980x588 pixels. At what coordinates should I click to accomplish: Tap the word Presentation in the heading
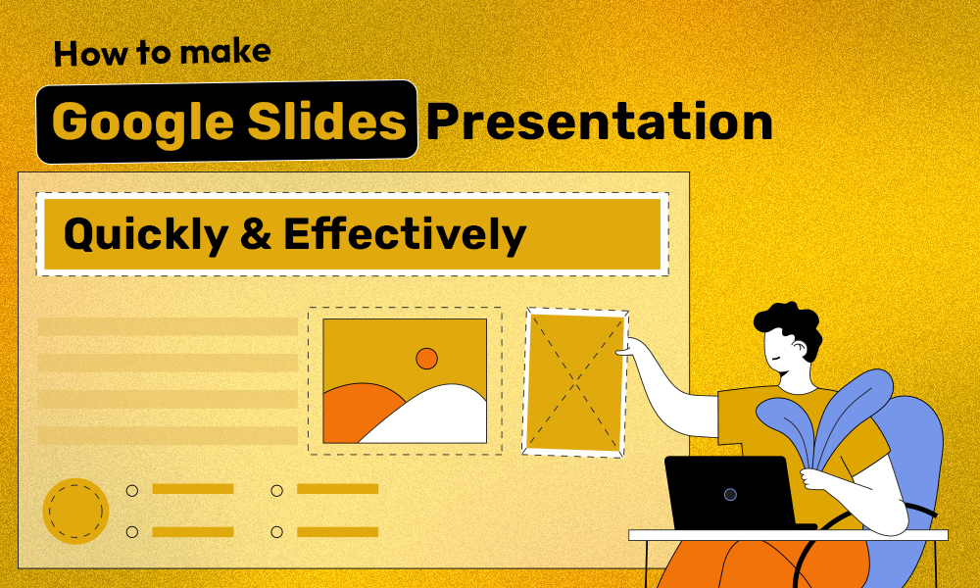pos(598,122)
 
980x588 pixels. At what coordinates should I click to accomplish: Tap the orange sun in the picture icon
pos(426,359)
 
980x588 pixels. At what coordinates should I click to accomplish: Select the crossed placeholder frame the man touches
pos(575,382)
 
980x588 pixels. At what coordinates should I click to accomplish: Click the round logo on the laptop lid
pos(730,494)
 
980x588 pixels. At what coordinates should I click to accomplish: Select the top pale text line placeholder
pos(167,326)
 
